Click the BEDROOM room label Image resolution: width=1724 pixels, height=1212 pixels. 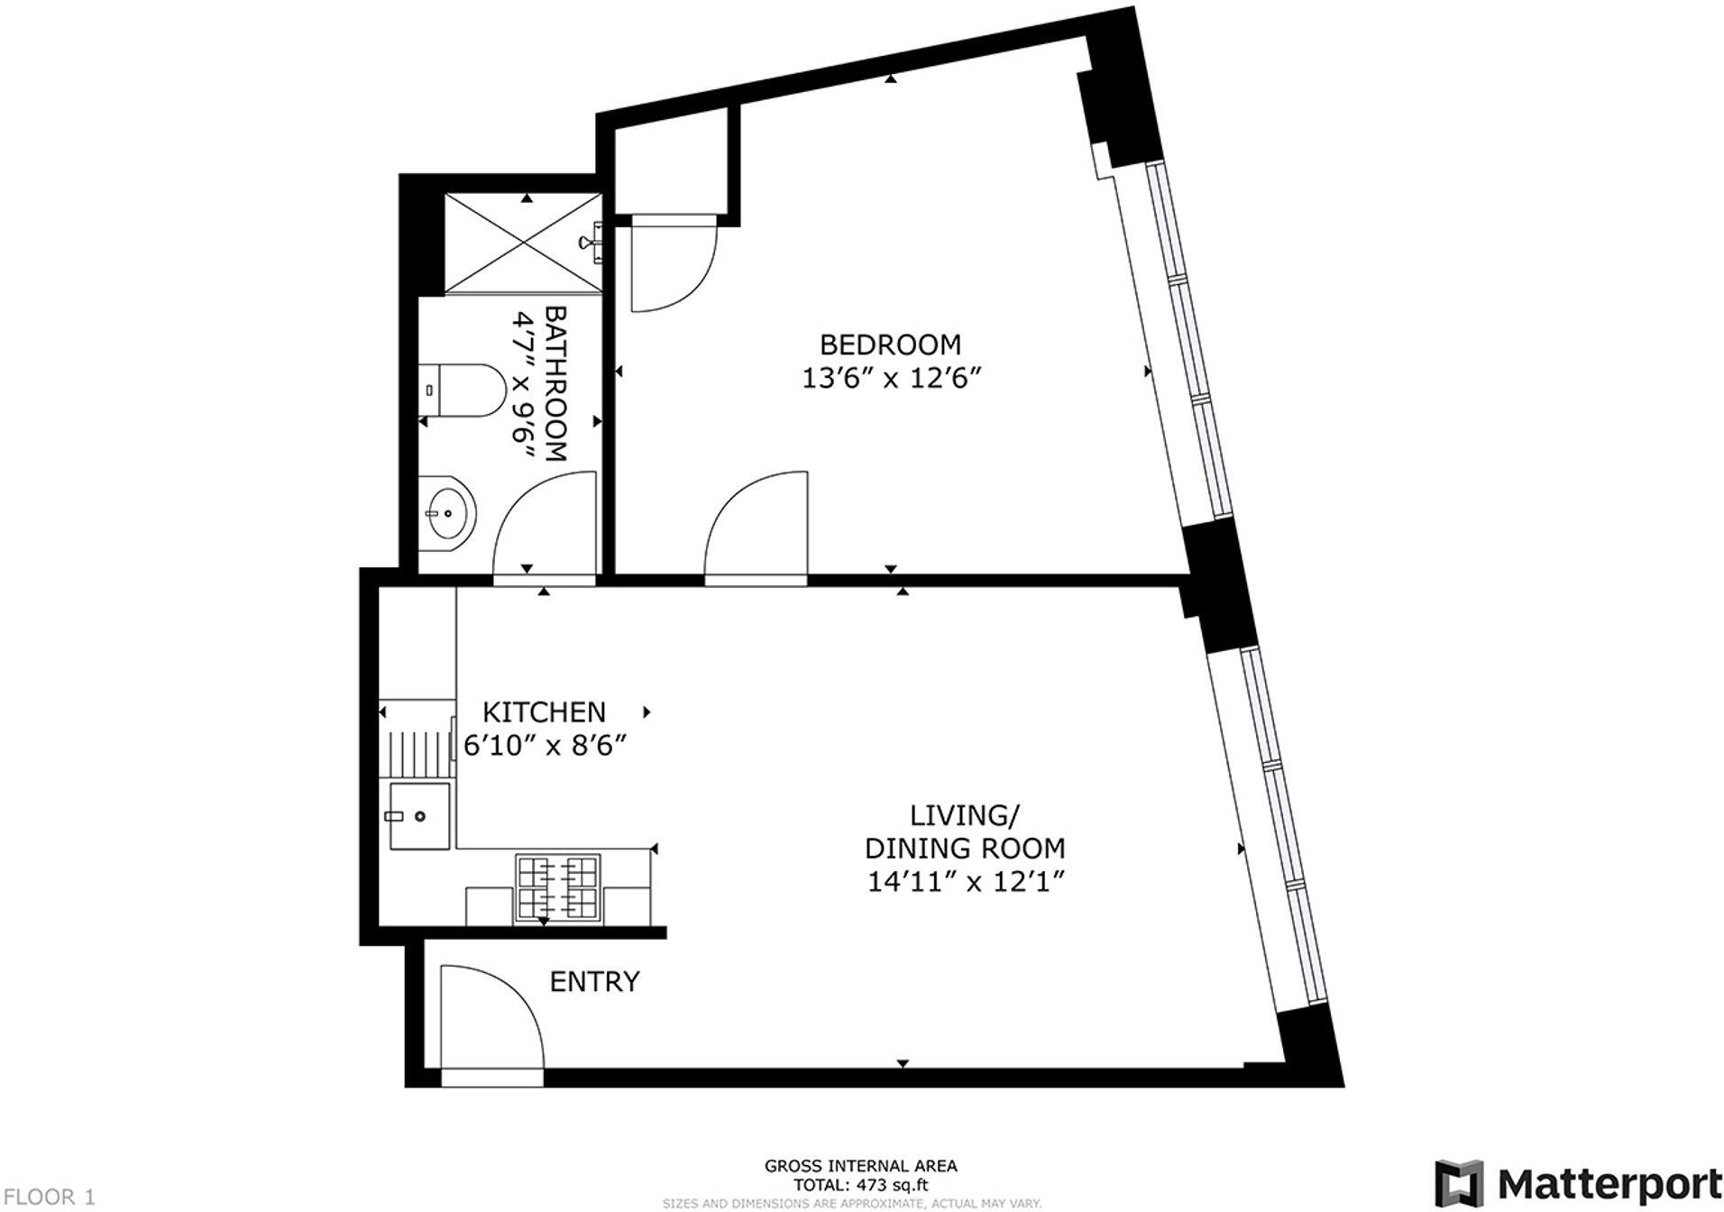pos(889,344)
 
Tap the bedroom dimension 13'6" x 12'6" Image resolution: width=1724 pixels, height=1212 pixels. pos(889,378)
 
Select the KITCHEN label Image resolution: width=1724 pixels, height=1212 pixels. pos(544,712)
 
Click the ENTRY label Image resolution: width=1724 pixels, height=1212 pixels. pos(594,981)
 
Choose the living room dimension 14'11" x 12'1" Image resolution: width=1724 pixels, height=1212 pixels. pos(965,881)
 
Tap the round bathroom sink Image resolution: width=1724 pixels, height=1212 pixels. pos(447,512)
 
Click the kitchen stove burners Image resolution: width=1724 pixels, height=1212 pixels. pos(556,888)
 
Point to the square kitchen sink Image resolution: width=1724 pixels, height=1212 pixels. pos(419,816)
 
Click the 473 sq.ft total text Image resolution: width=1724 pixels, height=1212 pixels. pos(860,1185)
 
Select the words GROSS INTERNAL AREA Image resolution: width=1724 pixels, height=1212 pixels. pos(860,1166)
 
